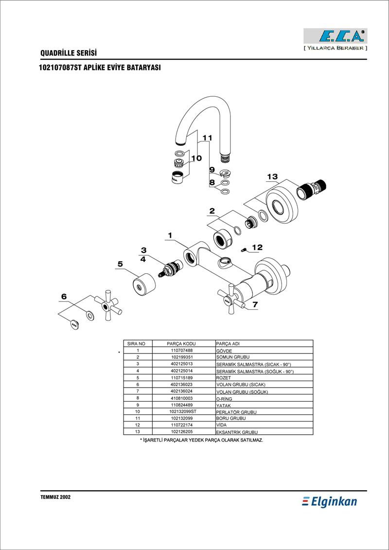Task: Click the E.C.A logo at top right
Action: (335, 36)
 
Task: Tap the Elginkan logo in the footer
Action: (330, 501)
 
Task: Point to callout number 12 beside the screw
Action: (257, 248)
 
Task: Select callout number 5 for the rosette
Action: (120, 264)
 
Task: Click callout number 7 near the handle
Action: (255, 305)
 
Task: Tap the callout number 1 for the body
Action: (170, 235)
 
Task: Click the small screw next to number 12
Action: (245, 250)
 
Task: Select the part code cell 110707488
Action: (182, 350)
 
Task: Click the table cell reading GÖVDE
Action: (224, 351)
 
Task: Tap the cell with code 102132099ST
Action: (182, 411)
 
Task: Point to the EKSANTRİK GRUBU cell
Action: (236, 432)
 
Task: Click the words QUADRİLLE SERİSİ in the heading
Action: (69, 53)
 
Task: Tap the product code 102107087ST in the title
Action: (61, 68)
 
